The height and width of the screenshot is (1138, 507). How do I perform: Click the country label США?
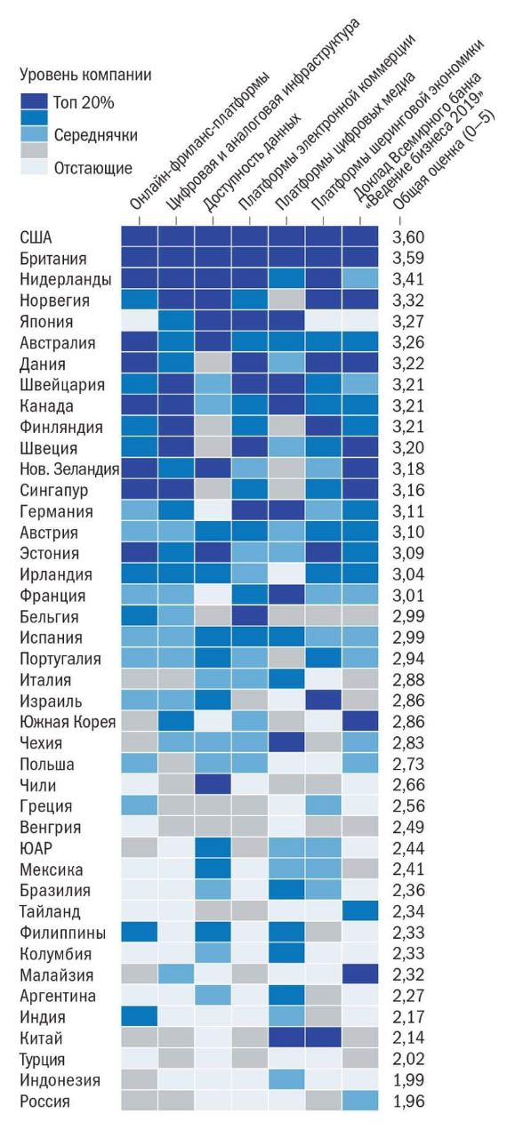click(36, 237)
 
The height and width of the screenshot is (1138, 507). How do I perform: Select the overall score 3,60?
click(408, 237)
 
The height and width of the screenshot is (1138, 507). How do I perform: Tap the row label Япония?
click(46, 322)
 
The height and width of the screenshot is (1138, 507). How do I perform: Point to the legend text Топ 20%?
click(84, 103)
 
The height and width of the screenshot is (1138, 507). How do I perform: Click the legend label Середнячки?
click(95, 136)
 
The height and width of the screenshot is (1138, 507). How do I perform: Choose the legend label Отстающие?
click(93, 168)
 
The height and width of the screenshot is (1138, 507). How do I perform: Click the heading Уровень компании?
click(85, 76)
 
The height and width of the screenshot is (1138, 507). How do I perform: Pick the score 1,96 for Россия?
click(408, 1102)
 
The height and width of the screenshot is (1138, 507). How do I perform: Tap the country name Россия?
click(44, 1102)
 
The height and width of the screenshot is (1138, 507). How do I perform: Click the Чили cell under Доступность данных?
click(213, 785)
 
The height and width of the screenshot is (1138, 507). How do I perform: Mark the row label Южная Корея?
click(68, 722)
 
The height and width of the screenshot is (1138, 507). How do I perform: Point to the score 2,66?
click(408, 785)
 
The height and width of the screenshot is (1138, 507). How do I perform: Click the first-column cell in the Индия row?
click(139, 1017)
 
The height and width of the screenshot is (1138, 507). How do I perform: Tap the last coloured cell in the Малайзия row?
click(360, 974)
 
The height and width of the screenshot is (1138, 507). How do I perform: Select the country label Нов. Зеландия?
click(69, 469)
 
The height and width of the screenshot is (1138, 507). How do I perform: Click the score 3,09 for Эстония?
click(408, 553)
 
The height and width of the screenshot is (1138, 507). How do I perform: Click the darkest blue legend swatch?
click(34, 101)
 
